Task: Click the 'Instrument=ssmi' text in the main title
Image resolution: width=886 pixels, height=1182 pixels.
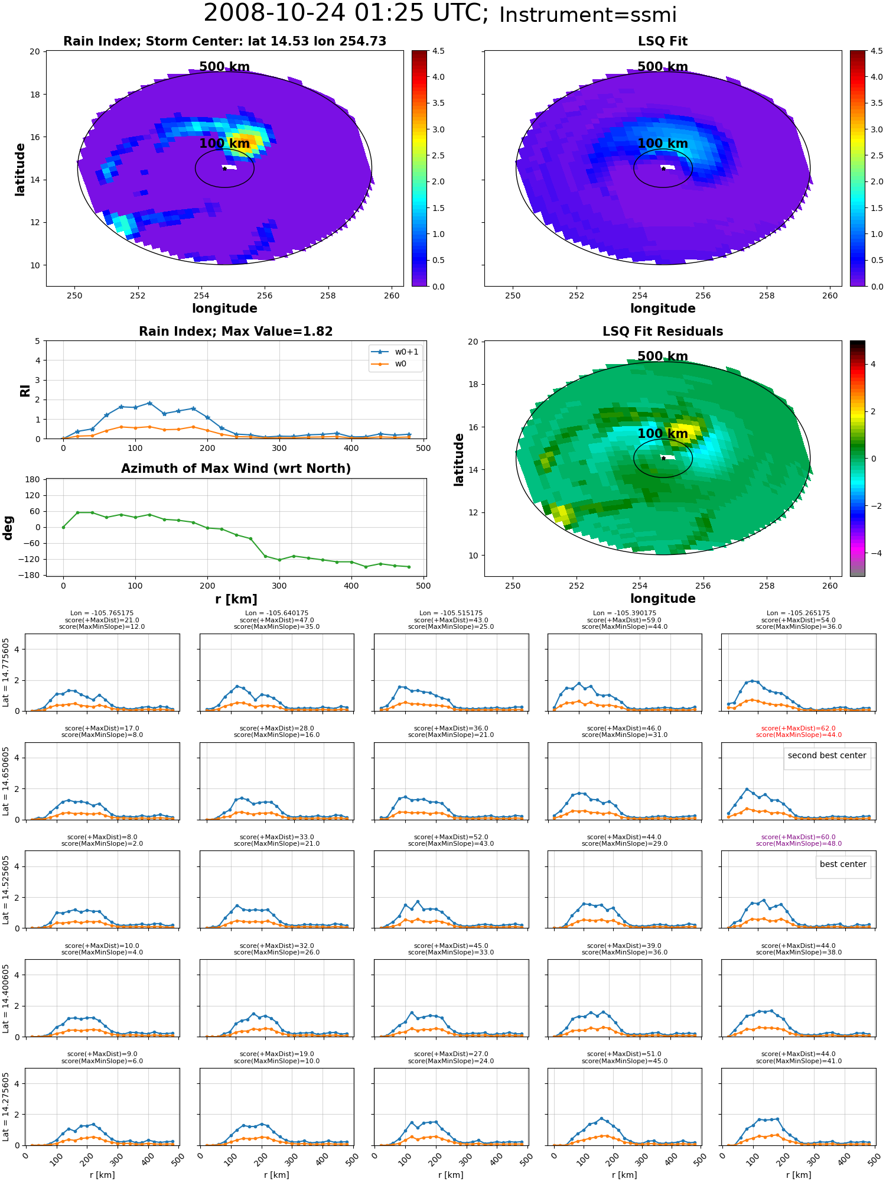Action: tap(588, 15)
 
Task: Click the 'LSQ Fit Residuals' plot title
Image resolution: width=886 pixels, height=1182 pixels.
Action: tap(663, 332)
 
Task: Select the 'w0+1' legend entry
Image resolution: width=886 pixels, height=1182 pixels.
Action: tap(395, 352)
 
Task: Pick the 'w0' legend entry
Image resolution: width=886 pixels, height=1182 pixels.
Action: tap(389, 363)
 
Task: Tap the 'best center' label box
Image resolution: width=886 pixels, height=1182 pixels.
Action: tap(843, 864)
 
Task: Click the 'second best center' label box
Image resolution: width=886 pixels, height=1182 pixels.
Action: tap(827, 755)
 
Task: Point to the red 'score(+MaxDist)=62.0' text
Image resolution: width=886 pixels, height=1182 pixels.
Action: tap(799, 729)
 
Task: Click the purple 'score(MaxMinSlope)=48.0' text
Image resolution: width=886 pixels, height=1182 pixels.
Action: tap(799, 844)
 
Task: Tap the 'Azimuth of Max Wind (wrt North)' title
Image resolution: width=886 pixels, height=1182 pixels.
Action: tap(236, 469)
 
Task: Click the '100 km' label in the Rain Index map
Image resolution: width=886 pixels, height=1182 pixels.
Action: tap(224, 144)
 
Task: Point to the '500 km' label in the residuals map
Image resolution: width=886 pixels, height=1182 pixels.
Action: tap(663, 356)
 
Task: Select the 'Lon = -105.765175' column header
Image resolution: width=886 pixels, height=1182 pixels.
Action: tap(102, 613)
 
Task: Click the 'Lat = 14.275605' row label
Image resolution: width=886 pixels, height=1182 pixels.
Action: tap(6, 1106)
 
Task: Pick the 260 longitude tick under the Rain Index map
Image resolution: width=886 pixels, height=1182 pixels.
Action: tap(392, 295)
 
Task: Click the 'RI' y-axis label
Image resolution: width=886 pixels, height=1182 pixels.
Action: tap(25, 391)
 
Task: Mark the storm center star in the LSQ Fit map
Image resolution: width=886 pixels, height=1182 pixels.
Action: tap(663, 168)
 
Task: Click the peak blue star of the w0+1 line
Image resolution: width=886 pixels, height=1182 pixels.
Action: tap(149, 403)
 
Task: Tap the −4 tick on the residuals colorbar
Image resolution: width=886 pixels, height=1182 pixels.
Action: tap(873, 553)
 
